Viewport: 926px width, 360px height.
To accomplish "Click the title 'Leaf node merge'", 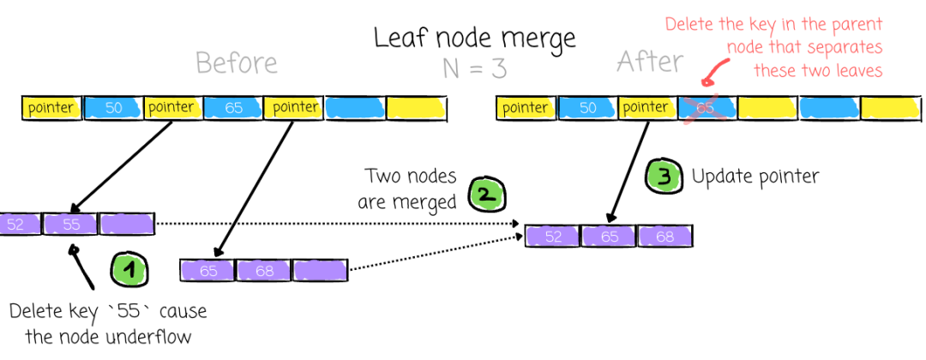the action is (x=475, y=39).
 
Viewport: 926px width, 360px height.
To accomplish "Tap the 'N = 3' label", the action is (x=474, y=69).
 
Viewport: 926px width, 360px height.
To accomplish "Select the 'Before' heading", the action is (x=237, y=63).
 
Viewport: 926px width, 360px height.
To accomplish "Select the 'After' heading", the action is (x=650, y=61).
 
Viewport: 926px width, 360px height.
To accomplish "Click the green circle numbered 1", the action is (x=129, y=269).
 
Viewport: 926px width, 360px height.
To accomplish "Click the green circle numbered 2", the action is (x=487, y=195).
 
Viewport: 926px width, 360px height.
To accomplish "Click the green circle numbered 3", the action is (x=663, y=175).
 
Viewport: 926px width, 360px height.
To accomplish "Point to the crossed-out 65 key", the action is (x=707, y=109).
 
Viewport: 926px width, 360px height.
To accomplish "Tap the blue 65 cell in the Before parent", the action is (x=232, y=109).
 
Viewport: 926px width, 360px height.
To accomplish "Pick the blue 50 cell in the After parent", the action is (x=587, y=109).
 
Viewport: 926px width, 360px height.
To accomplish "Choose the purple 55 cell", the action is (x=71, y=224).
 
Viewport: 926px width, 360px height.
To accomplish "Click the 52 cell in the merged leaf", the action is (x=553, y=236).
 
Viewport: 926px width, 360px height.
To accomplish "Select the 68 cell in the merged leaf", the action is (x=665, y=236).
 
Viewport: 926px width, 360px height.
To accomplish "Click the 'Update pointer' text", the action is (x=755, y=177).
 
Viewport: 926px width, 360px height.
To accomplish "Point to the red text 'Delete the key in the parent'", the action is (x=773, y=26).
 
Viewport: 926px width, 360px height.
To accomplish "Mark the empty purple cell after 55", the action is (x=126, y=225).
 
